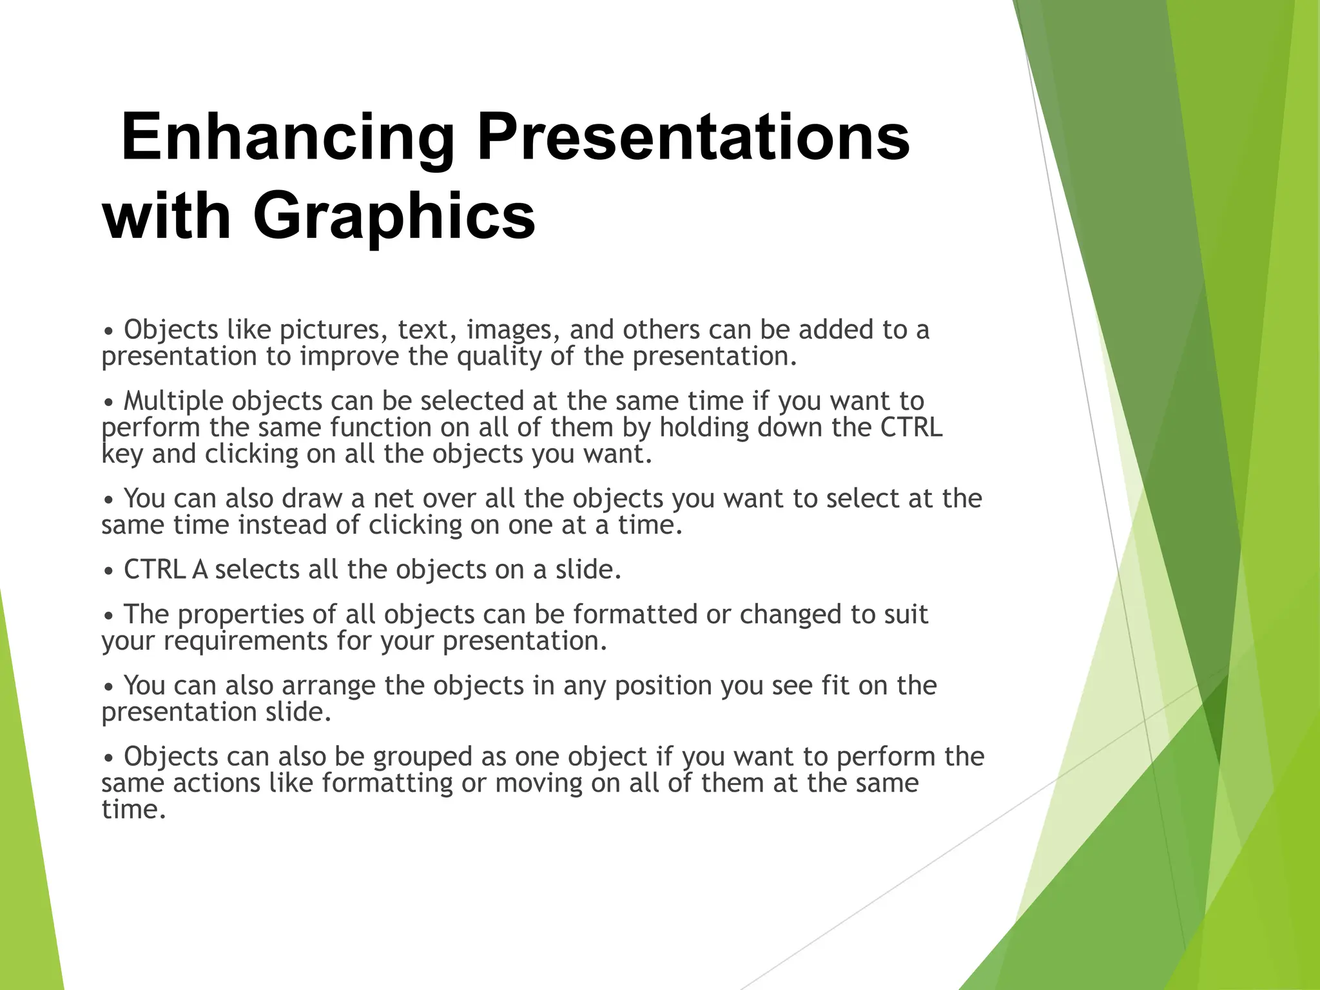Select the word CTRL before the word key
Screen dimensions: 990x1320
pyautogui.click(x=911, y=427)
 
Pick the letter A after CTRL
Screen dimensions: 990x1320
pyautogui.click(x=200, y=570)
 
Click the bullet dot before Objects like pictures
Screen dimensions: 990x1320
pyautogui.click(x=109, y=332)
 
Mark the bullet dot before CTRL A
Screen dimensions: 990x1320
pyautogui.click(x=109, y=572)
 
